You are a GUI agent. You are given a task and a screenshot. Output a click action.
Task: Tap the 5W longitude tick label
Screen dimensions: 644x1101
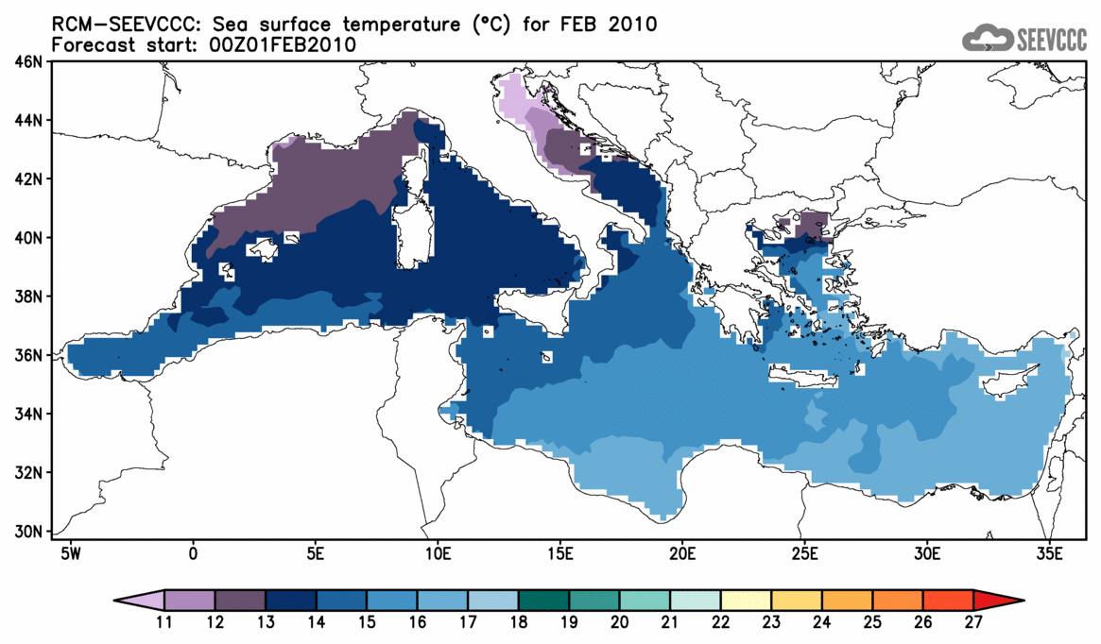69,552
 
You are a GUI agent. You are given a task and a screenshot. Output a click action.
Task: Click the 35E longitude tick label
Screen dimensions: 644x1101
1049,552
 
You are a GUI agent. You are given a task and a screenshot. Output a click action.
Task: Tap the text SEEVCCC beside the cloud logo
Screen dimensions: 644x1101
1052,39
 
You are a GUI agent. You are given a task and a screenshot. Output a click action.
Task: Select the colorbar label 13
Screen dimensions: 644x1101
266,622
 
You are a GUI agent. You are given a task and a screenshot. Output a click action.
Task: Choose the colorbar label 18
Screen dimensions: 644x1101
519,622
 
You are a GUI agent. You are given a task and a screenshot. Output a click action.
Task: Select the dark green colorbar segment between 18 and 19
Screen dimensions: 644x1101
544,600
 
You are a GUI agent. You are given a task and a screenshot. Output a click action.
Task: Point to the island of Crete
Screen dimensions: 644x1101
803,379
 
